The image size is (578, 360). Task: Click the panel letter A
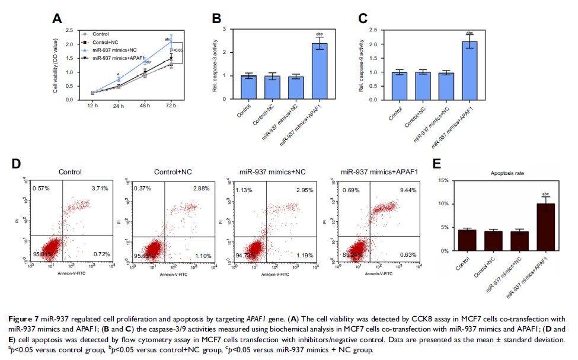57,18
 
